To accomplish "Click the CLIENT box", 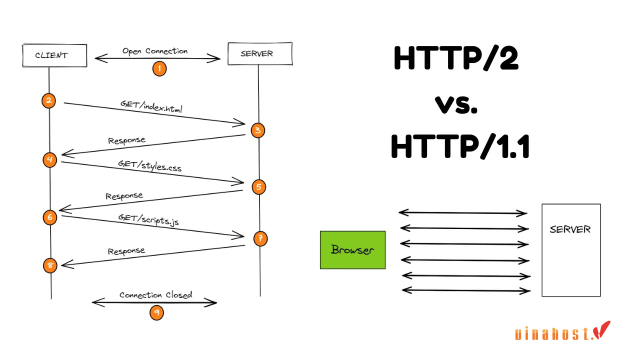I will click(54, 55).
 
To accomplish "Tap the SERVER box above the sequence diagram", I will click(259, 54).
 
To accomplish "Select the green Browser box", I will click(352, 250).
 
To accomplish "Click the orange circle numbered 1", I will click(159, 68).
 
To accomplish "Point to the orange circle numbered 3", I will click(258, 130).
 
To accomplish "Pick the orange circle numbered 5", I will click(258, 187).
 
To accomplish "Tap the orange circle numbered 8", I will click(50, 265).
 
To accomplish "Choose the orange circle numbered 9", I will click(156, 312).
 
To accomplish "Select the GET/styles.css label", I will click(149, 165).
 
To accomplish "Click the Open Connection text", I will click(155, 51).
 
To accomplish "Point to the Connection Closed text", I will click(155, 295).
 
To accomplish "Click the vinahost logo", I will click(562, 332).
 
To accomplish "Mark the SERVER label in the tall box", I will click(570, 229).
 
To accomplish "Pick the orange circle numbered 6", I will click(49, 217).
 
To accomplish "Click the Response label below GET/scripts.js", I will click(126, 251).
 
